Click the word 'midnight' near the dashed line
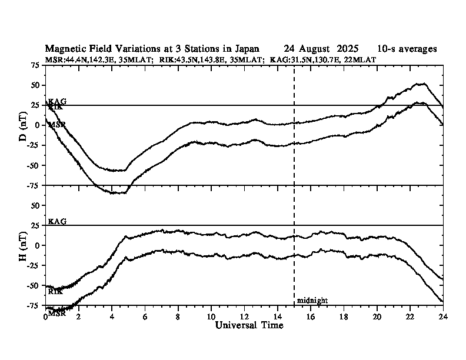[312, 300]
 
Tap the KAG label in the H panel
[57, 221]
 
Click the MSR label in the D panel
[56, 125]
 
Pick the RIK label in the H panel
[55, 291]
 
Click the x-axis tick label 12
[244, 316]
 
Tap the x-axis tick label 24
[442, 316]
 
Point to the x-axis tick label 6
[145, 316]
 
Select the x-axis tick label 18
[344, 316]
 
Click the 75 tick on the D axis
[35, 65]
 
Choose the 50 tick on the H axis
[35, 206]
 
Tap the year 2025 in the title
[347, 49]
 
